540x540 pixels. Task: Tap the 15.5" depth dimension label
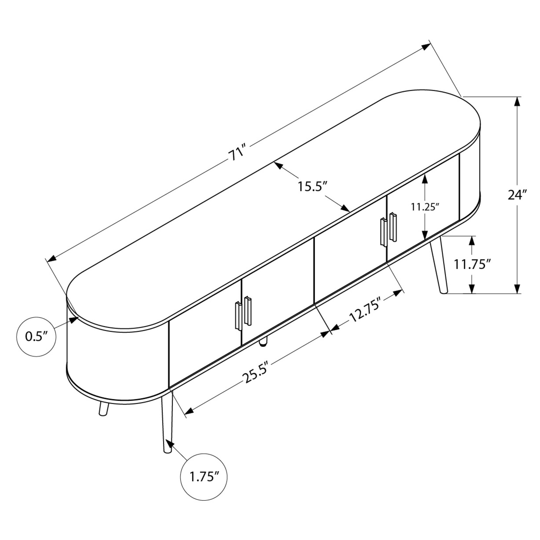click(312, 187)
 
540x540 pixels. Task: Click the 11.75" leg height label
click(473, 264)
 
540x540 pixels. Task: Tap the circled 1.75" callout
click(204, 477)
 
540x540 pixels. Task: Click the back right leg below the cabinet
click(439, 264)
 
